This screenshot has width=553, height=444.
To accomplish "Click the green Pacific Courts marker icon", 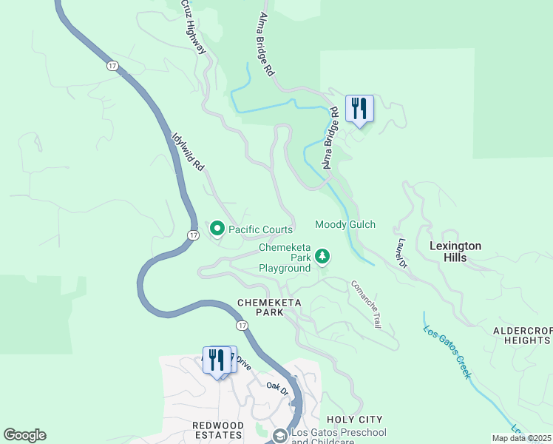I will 217,229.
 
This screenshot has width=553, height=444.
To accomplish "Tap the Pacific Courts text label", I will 260,229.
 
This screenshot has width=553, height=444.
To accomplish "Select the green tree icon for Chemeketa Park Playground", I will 322,257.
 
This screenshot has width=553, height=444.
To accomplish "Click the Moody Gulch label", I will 345,224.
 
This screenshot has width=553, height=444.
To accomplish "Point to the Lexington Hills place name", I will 455,252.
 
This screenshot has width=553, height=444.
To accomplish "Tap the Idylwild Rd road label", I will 187,153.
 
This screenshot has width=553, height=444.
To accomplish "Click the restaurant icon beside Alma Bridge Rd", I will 359,110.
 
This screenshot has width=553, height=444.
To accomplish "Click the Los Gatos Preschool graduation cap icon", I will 279,437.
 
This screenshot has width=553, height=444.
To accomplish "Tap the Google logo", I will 24,435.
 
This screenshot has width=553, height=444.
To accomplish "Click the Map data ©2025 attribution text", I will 522,438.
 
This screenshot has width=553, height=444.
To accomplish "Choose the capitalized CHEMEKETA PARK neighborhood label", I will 260,308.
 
